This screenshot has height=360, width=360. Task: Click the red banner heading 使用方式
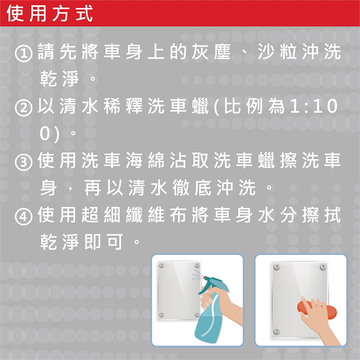[x=49, y=13]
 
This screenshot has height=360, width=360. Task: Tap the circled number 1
[x=23, y=54]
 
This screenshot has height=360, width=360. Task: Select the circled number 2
[x=23, y=108]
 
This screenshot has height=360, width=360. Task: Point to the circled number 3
[x=23, y=162]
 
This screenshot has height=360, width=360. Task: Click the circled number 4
[x=23, y=216]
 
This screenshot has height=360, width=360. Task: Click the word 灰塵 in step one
[x=211, y=51]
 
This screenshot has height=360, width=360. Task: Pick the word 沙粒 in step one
[x=277, y=51]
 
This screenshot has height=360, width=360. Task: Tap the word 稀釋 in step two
[x=123, y=106]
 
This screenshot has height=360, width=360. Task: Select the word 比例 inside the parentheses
[x=243, y=106]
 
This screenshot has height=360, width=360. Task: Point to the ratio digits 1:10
[x=313, y=106]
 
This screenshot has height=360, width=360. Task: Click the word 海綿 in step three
[x=145, y=160]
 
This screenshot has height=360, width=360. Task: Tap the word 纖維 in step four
[x=145, y=214]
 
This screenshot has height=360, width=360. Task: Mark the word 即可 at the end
[x=104, y=241]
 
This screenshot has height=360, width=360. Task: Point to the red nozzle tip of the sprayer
[x=204, y=277]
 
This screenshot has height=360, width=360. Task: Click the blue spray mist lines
[x=197, y=275]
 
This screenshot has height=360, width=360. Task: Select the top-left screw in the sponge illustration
[x=277, y=267]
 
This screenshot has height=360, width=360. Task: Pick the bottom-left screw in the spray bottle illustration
[x=162, y=315]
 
